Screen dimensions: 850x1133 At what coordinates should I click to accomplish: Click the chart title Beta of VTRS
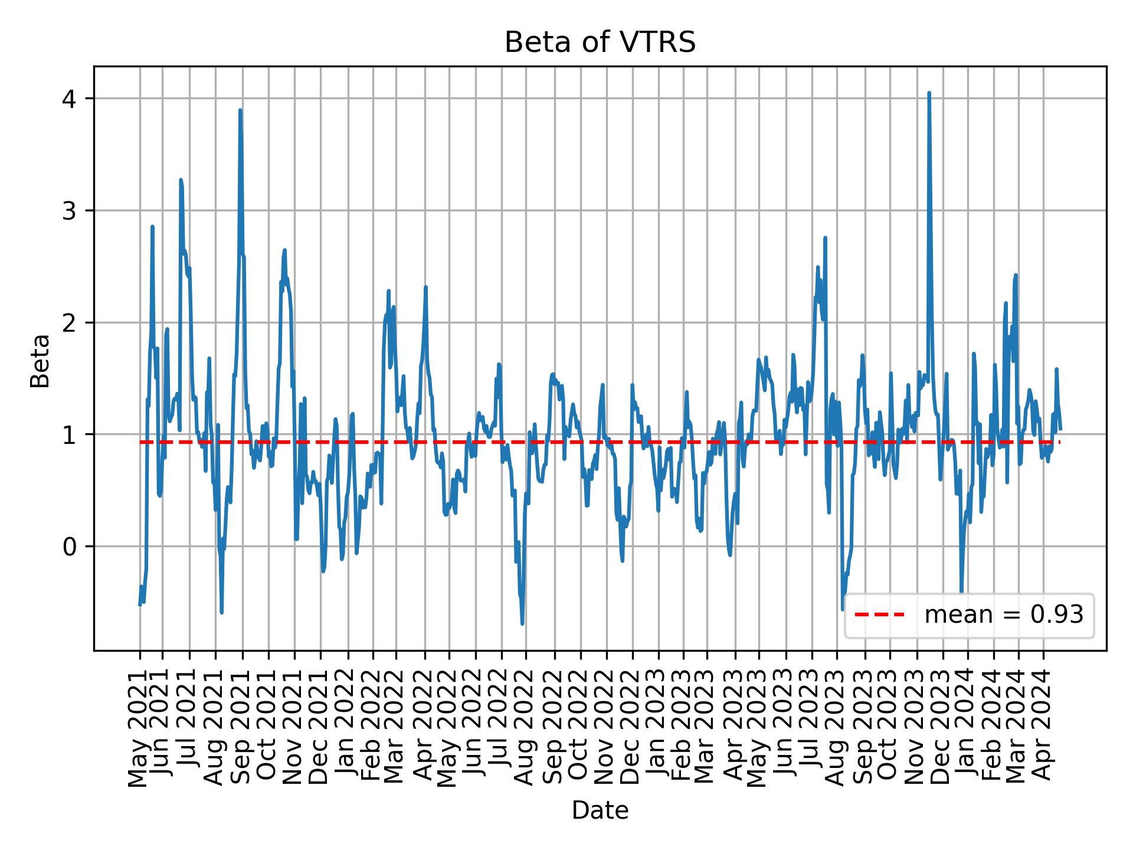pyautogui.click(x=600, y=42)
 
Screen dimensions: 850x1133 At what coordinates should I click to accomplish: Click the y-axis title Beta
pyautogui.click(x=40, y=361)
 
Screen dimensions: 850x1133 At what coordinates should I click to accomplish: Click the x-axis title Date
pyautogui.click(x=600, y=810)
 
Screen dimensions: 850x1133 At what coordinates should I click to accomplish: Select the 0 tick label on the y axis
pyautogui.click(x=70, y=547)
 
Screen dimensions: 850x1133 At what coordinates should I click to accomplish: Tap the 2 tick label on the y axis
pyautogui.click(x=70, y=323)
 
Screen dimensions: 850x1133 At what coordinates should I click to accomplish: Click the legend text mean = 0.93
pyautogui.click(x=1003, y=615)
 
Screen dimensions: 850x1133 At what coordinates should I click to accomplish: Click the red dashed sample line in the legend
pyautogui.click(x=879, y=615)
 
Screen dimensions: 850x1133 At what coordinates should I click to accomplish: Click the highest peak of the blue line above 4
pyautogui.click(x=929, y=93)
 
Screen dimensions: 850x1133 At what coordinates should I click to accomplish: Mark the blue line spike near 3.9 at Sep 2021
pyautogui.click(x=240, y=110)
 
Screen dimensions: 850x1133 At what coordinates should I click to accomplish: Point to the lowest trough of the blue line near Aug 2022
pyautogui.click(x=522, y=623)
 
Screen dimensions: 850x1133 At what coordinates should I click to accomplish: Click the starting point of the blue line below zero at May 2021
pyautogui.click(x=140, y=604)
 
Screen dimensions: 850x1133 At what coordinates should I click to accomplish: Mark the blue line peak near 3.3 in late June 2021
pyautogui.click(x=181, y=180)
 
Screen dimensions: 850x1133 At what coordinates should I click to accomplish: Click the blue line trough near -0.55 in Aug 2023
pyautogui.click(x=843, y=609)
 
